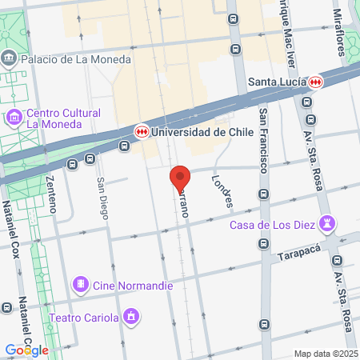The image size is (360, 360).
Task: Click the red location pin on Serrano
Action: [x=180, y=178]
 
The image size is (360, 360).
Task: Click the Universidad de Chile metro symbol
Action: [x=141, y=132]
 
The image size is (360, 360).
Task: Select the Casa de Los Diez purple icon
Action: [x=326, y=223]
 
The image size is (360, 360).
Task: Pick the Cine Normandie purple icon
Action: [x=80, y=285]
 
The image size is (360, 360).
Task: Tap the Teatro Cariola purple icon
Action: [x=131, y=318]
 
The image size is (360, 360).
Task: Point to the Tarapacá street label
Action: [x=300, y=256]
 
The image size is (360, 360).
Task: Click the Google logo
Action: [x=26, y=350]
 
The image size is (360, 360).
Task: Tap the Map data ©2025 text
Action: [x=326, y=354]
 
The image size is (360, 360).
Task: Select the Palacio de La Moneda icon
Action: [x=9, y=58]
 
